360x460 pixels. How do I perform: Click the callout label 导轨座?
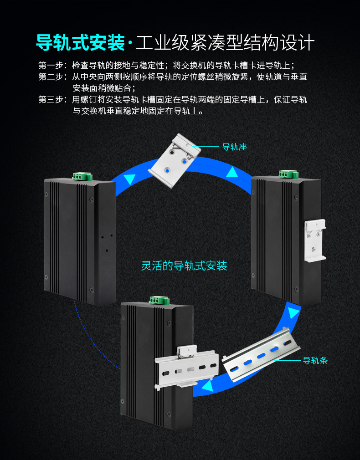(x=234, y=147)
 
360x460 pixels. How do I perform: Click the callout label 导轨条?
(x=315, y=361)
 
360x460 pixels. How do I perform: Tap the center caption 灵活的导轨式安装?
(x=184, y=266)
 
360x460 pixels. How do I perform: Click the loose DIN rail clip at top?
(x=175, y=160)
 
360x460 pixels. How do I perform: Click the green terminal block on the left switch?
(x=82, y=176)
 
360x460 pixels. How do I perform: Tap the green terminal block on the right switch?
(x=289, y=174)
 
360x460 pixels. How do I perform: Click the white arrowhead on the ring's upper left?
(x=129, y=179)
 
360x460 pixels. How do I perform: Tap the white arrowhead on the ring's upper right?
(x=233, y=172)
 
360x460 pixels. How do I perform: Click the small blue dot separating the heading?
(x=131, y=44)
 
